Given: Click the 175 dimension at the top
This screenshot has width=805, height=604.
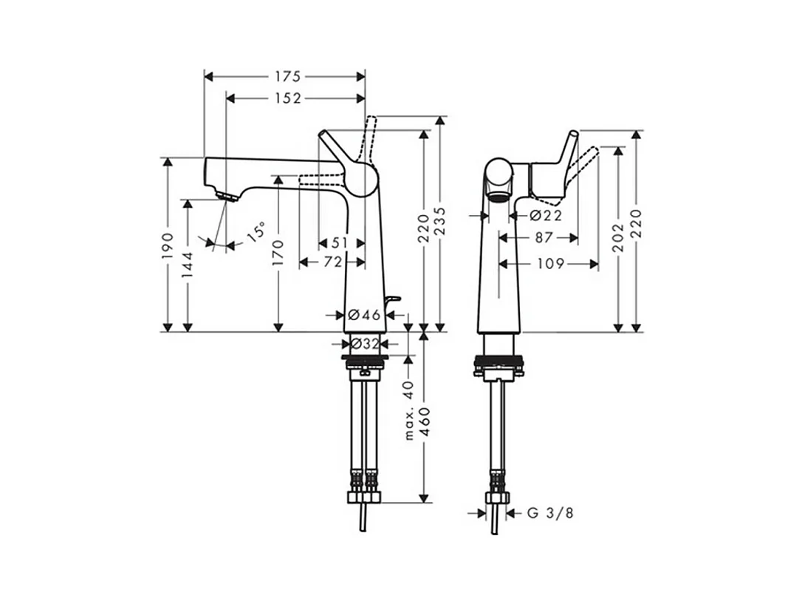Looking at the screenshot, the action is point(289,76).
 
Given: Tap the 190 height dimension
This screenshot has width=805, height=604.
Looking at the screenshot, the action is point(168,245).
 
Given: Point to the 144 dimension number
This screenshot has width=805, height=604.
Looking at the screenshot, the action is point(188,263).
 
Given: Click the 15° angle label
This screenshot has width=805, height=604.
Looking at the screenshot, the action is point(254,233).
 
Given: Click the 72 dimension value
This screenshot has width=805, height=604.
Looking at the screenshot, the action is point(332,262).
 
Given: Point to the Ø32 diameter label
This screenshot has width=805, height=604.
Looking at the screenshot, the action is point(365,344).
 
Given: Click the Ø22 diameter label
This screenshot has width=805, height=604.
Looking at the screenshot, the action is point(546,216).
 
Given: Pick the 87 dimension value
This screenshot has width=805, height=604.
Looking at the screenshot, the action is point(544,238).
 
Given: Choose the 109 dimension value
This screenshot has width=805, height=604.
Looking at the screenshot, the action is point(551,263).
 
